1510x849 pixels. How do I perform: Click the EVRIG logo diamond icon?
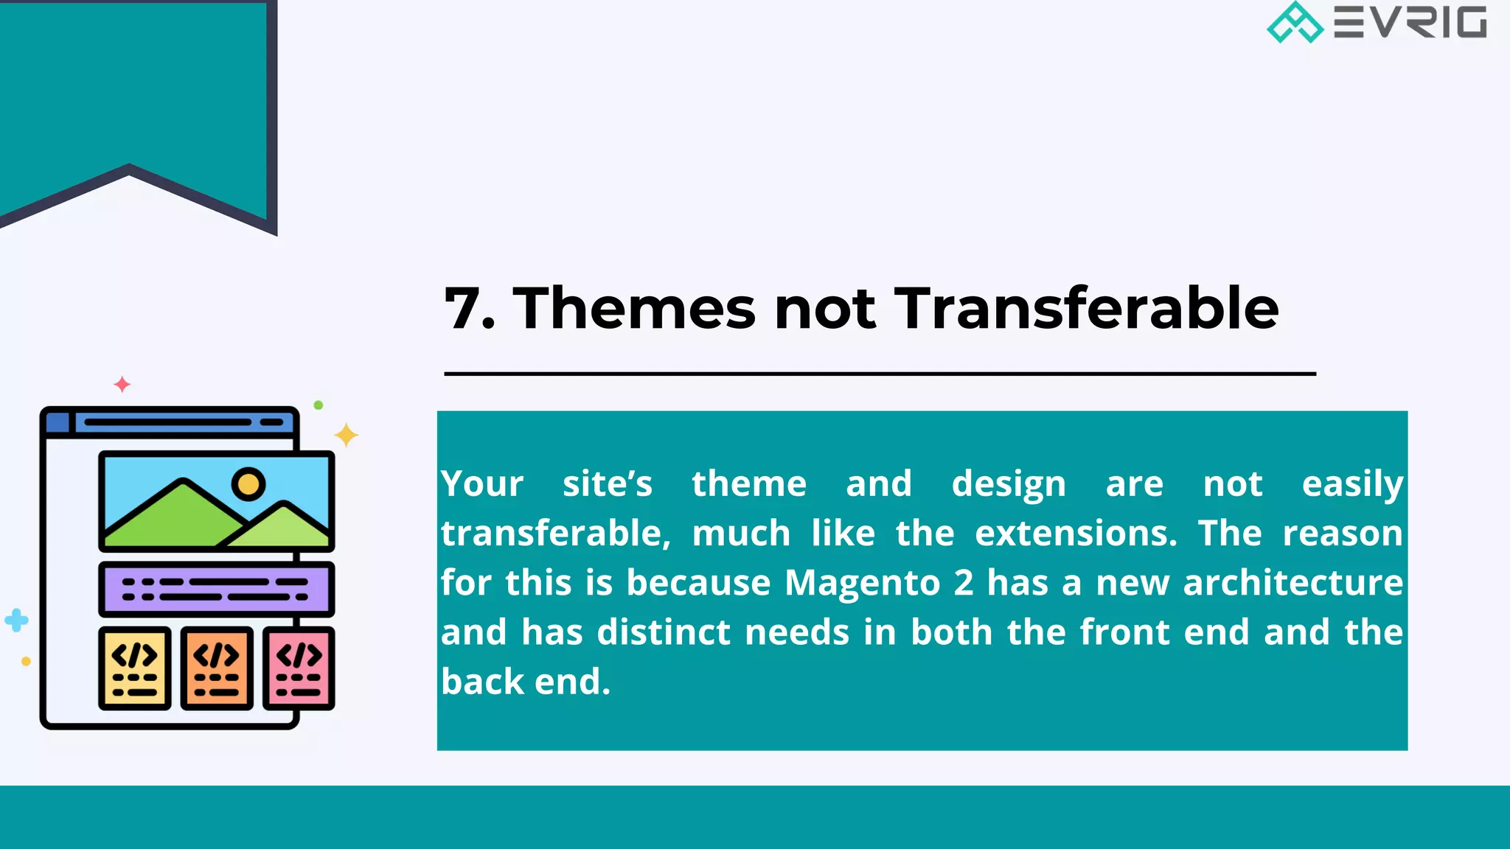tap(1295, 22)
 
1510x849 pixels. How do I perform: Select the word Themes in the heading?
tap(634, 308)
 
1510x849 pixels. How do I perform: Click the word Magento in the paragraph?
tap(862, 583)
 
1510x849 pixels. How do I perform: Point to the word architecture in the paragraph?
tap(1292, 583)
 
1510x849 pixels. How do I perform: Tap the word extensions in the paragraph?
tap(1076, 534)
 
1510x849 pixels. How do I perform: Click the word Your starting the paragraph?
tap(482, 484)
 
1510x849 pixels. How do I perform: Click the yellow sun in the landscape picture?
tap(248, 484)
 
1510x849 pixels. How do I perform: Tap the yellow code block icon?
tap(135, 668)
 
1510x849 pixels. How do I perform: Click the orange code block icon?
tap(217, 668)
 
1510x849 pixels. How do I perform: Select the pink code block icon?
tap(299, 668)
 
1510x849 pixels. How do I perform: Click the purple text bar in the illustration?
tap(217, 590)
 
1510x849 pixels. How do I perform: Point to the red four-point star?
tap(122, 384)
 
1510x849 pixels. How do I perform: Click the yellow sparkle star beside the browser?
tap(346, 435)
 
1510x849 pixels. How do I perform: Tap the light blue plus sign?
tap(16, 621)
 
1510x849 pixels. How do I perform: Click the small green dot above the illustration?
tap(319, 405)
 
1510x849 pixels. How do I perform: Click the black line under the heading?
tap(880, 374)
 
